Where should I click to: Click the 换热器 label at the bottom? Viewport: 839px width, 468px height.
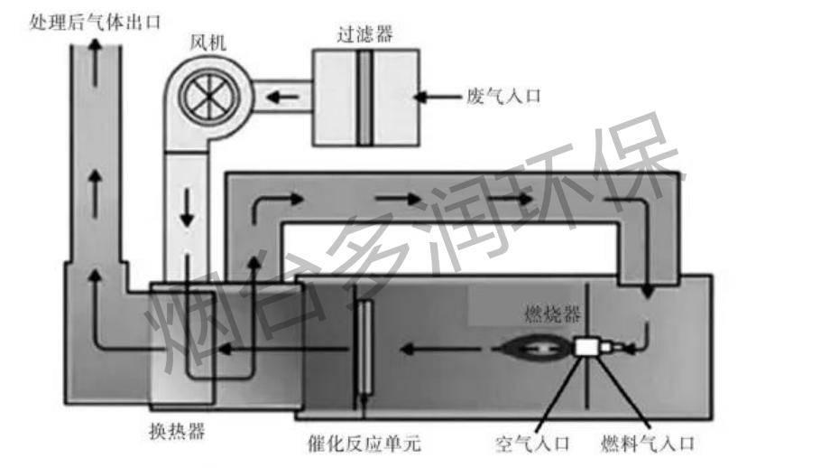point(177,431)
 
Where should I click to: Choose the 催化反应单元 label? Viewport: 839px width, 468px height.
point(364,444)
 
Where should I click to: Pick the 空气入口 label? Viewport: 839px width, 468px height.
point(533,444)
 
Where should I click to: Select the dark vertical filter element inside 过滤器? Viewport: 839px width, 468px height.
point(364,97)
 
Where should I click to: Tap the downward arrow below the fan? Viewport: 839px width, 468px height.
point(188,209)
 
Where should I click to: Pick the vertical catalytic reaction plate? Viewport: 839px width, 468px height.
point(364,347)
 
